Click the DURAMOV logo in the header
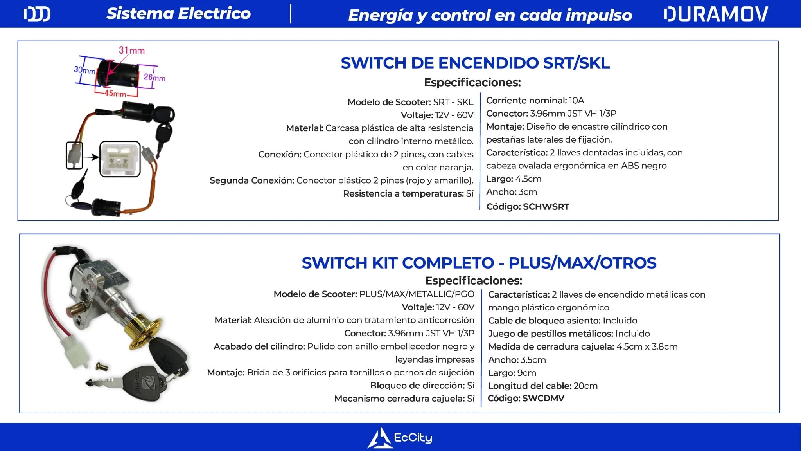716,14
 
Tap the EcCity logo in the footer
400,437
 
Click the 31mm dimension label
132,50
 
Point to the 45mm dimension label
115,94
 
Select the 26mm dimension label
154,77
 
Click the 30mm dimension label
84,70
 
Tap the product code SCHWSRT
546,207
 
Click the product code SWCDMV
543,399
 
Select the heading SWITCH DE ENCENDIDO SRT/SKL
475,63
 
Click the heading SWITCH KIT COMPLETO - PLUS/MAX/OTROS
479,263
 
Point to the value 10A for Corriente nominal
577,101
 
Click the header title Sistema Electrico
178,14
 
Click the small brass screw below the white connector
101,367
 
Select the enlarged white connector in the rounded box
120,159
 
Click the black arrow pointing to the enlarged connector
91,157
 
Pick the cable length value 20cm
585,386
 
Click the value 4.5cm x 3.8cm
647,347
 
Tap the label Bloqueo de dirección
417,386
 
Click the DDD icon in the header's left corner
37,14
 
